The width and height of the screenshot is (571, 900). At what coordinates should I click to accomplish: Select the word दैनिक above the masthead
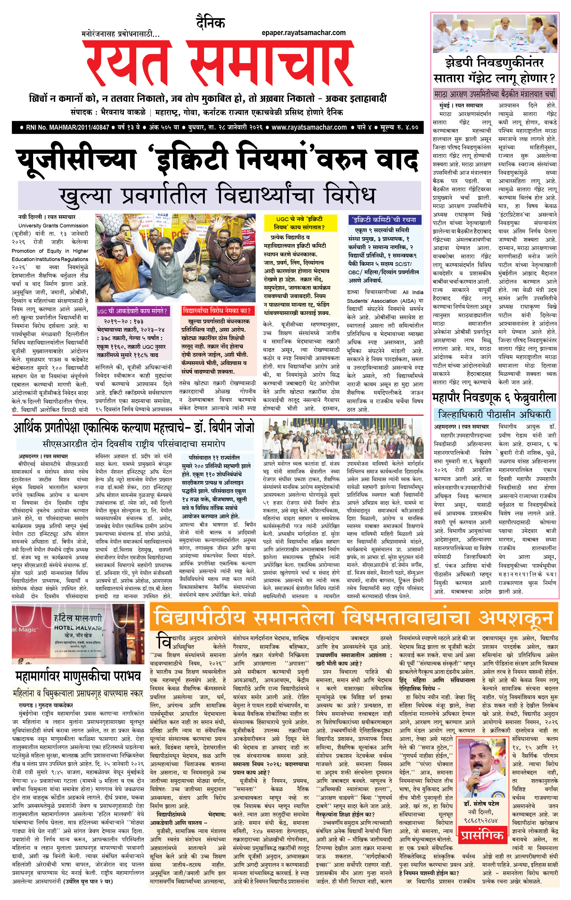[x=211, y=23]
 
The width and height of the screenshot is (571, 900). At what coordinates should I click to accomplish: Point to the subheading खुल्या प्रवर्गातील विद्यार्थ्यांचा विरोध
[x=217, y=195]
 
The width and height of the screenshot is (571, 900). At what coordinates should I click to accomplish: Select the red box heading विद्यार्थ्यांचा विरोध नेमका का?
[x=216, y=311]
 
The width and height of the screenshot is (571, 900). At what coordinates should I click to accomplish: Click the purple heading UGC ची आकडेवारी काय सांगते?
[x=132, y=311]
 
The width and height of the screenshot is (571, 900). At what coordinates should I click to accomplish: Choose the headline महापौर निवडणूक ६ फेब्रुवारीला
[x=494, y=397]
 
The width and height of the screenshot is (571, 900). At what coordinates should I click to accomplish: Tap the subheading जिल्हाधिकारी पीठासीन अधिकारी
[x=494, y=414]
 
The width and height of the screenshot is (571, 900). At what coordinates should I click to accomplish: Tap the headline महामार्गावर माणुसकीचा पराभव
[x=78, y=676]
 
